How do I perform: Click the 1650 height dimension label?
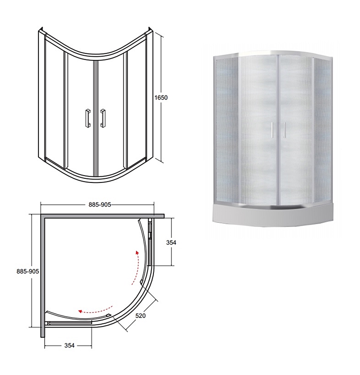click(x=161, y=98)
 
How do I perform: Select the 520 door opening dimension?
click(x=141, y=316)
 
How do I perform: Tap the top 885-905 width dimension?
click(x=100, y=205)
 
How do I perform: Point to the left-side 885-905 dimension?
click(x=28, y=271)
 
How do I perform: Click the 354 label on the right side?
click(x=171, y=242)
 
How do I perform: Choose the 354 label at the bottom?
click(x=69, y=345)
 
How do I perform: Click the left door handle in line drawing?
click(x=88, y=118)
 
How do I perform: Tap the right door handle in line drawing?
click(x=103, y=118)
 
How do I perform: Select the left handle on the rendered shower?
click(x=272, y=130)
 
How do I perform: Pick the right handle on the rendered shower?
click(x=284, y=130)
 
